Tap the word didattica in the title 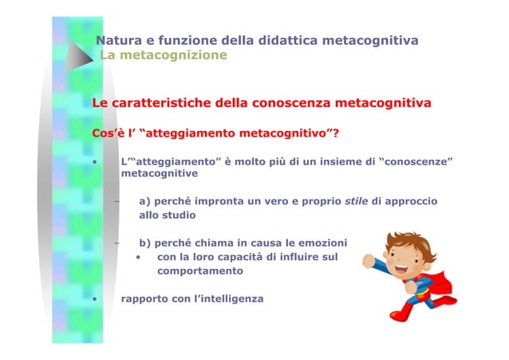tap(298, 41)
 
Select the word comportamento tap(200, 271)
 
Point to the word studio tap(177, 216)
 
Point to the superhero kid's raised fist tap(368, 260)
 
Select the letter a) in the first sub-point tap(145, 201)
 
